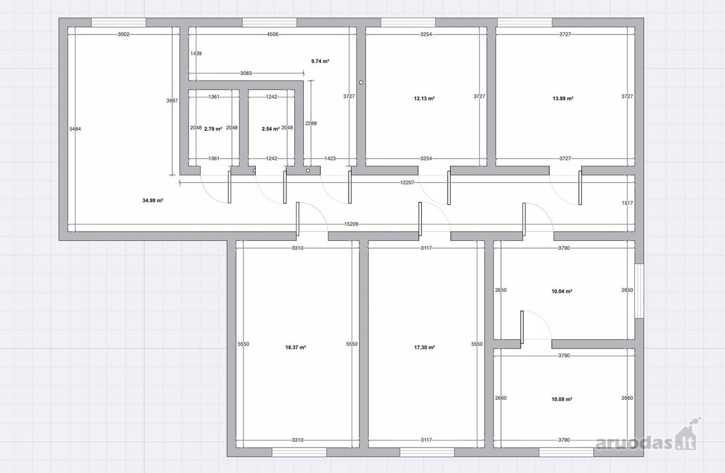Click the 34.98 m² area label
pos(152,201)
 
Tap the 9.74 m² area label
pos(320,61)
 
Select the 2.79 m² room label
pos(213,129)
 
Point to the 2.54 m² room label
pos(271,129)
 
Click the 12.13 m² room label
pos(424,99)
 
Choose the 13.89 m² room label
pos(563,99)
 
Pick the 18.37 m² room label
pos(295,347)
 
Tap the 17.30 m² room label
pos(424,347)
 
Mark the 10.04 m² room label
pos(562,292)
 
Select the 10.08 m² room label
pos(562,399)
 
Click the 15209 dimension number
pos(351,224)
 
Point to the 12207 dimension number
pos(407,183)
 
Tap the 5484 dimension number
pos(75,129)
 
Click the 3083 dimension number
pos(246,73)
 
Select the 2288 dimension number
pos(311,123)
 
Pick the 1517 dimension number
pos(627,203)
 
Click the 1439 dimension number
pos(196,53)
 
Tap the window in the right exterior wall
pos(639,291)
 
